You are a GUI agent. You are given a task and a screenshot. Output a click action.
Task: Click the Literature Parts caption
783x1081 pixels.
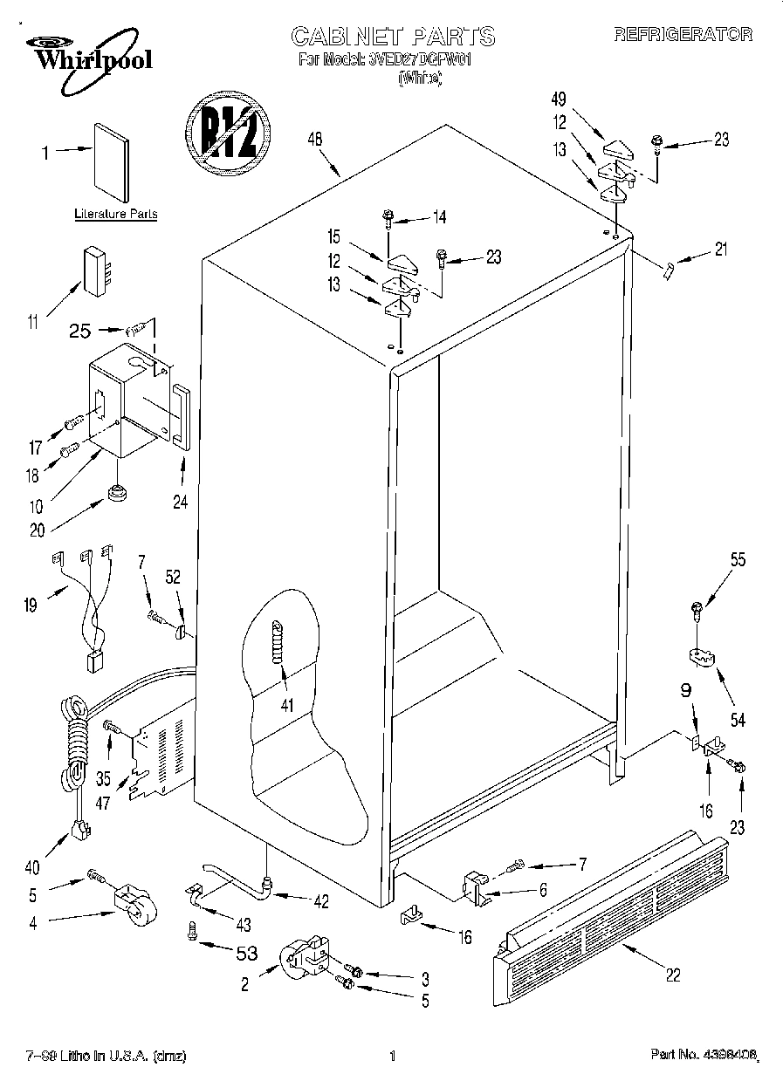(115, 214)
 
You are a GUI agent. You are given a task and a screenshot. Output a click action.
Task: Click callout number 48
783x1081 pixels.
(315, 138)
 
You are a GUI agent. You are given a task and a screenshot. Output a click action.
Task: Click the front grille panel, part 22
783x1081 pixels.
(611, 907)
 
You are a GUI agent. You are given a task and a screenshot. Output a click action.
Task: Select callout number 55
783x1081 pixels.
(738, 561)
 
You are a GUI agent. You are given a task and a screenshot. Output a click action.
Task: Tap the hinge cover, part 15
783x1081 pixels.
(402, 263)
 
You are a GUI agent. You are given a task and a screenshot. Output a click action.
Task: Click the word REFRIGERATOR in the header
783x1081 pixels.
(683, 34)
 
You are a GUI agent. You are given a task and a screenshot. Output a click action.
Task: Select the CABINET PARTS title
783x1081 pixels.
(392, 36)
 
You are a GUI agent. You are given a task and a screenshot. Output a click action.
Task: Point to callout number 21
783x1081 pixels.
(719, 250)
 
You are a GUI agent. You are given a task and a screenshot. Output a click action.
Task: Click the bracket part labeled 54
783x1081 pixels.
(699, 655)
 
